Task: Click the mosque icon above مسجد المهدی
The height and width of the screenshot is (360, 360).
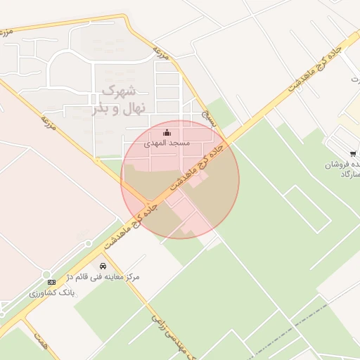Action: pos(167,133)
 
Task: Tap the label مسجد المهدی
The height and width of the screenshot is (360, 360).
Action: pos(167,143)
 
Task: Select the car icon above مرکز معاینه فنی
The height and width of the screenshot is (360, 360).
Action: pos(104,266)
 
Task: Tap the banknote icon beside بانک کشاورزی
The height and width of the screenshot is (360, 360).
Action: pos(51,282)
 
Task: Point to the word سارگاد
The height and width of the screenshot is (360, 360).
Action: pos(349,173)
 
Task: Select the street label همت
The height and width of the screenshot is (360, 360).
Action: pos(40,340)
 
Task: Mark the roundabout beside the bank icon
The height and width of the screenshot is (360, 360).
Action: pos(46,274)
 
